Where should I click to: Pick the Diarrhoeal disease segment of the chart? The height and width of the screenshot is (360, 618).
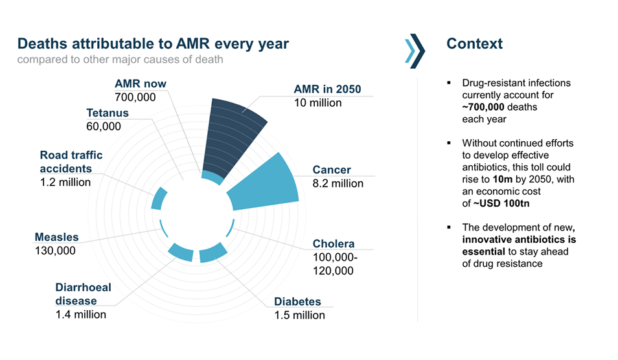coord(181,253)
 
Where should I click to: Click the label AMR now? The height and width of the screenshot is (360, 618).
coord(141,84)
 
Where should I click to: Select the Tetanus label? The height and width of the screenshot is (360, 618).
coord(108,113)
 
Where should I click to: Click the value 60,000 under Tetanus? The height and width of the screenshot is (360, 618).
coord(104,126)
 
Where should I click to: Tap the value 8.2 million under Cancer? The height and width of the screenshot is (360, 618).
coord(338,183)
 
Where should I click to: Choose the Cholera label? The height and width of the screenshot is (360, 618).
coord(333,243)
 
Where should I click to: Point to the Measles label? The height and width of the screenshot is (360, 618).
coord(56,237)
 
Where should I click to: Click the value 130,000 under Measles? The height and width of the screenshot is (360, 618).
coord(55,251)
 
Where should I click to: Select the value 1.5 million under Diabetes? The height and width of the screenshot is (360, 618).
coord(299,315)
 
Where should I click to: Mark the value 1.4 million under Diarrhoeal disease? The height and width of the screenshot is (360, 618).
coord(81,315)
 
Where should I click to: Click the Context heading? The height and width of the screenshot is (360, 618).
coord(474,44)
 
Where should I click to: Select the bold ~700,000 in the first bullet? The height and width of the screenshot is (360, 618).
coord(490,107)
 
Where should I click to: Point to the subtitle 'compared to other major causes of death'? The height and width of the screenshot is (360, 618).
coord(120,60)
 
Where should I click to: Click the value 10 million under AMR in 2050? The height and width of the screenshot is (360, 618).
coord(317,102)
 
